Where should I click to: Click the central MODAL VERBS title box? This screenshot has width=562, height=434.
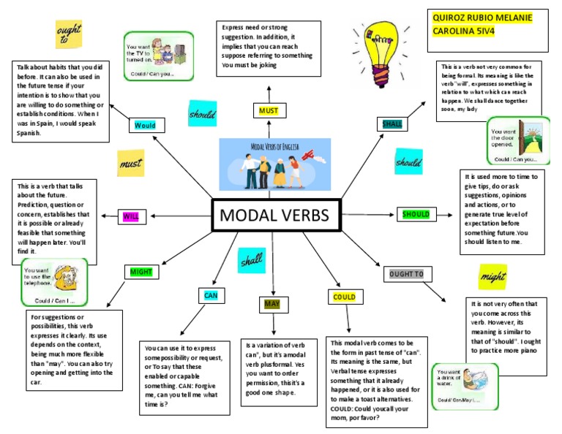click(275, 216)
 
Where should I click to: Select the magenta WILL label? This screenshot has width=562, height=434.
click(131, 217)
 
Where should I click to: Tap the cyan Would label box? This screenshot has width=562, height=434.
click(145, 125)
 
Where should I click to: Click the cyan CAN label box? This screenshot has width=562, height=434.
click(211, 296)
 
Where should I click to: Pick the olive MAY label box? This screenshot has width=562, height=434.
click(271, 304)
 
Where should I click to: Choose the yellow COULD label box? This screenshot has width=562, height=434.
click(344, 297)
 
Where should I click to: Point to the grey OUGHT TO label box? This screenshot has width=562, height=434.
click(406, 274)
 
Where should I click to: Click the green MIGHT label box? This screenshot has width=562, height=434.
click(140, 273)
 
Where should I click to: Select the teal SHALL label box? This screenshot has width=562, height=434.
click(392, 123)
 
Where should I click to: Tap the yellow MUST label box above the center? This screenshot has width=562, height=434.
click(269, 111)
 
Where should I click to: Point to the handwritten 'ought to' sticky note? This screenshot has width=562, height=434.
click(69, 34)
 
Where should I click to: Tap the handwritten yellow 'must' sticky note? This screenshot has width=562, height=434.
click(130, 164)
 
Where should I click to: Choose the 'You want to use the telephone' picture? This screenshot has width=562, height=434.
click(54, 281)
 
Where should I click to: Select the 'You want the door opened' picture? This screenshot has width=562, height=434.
click(518, 140)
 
